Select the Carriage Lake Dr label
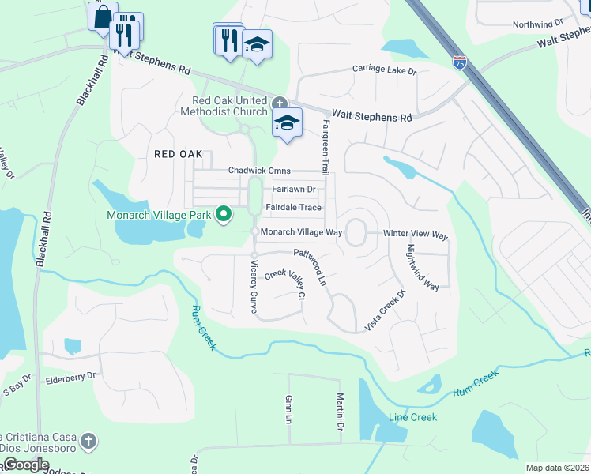pos(384,70)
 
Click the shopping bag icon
pos(103,16)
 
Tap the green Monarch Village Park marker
pos(224,214)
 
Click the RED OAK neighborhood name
pos(178,154)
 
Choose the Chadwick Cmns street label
pos(259,171)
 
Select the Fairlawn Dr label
pos(293,190)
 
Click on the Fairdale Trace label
pos(293,208)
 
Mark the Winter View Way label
pos(416,235)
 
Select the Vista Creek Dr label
pos(385,310)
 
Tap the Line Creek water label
pos(412,417)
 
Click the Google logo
pos(27,465)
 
